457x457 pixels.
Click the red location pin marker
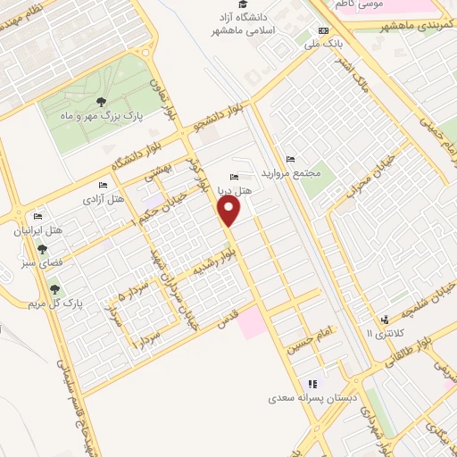pyautogui.click(x=230, y=211)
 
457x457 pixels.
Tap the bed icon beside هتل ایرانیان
pyautogui.click(x=37, y=217)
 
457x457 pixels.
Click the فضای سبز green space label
pyautogui.click(x=42, y=264)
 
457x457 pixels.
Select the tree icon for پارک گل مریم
pyautogui.click(x=56, y=289)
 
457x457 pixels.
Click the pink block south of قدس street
pyautogui.click(x=253, y=321)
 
